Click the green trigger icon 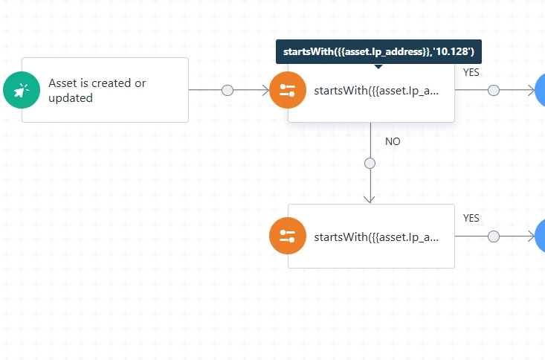coord(22,90)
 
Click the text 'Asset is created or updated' coord(97,91)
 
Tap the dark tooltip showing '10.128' coord(378,51)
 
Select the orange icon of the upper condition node coord(288,90)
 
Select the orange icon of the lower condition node coord(288,236)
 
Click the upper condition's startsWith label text coord(376,91)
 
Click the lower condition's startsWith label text coord(376,237)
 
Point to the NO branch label coord(393,141)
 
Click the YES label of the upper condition coord(471,72)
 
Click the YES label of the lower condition coord(471,218)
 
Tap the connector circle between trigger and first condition coord(228,91)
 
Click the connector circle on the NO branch coord(370,163)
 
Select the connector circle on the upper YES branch coord(494,91)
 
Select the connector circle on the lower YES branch coord(494,237)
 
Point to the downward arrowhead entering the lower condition coord(370,199)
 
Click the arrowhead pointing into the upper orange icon coord(266,91)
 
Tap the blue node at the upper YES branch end coord(540,90)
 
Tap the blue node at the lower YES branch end coord(540,236)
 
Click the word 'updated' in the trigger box coord(71,98)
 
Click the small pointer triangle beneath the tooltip coord(378,66)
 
